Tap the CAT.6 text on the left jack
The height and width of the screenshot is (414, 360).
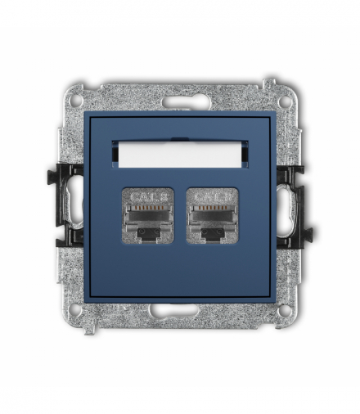point(147,197)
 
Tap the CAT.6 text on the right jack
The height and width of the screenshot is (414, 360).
point(212,197)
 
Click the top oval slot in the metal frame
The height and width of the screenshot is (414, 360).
point(179,103)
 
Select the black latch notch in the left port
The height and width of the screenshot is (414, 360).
point(147,234)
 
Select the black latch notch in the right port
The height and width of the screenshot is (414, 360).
point(212,234)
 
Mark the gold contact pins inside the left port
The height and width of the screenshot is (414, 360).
point(147,210)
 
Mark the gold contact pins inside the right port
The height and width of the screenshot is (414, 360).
point(212,210)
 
